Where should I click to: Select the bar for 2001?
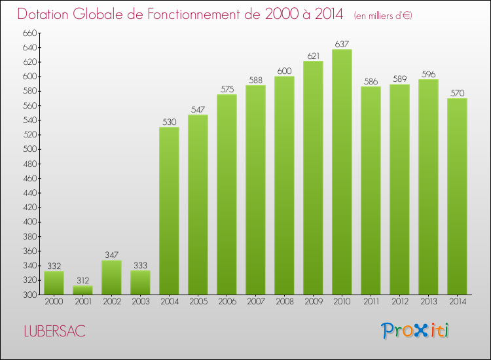click(82, 290)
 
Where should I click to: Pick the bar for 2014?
click(457, 196)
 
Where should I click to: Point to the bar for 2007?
click(255, 190)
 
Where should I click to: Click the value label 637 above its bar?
click(342, 45)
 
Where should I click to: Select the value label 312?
click(82, 281)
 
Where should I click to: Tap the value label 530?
click(169, 122)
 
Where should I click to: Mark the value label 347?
click(111, 255)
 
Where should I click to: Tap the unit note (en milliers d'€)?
click(383, 15)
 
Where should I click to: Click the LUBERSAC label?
click(54, 331)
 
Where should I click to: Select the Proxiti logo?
click(416, 331)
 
